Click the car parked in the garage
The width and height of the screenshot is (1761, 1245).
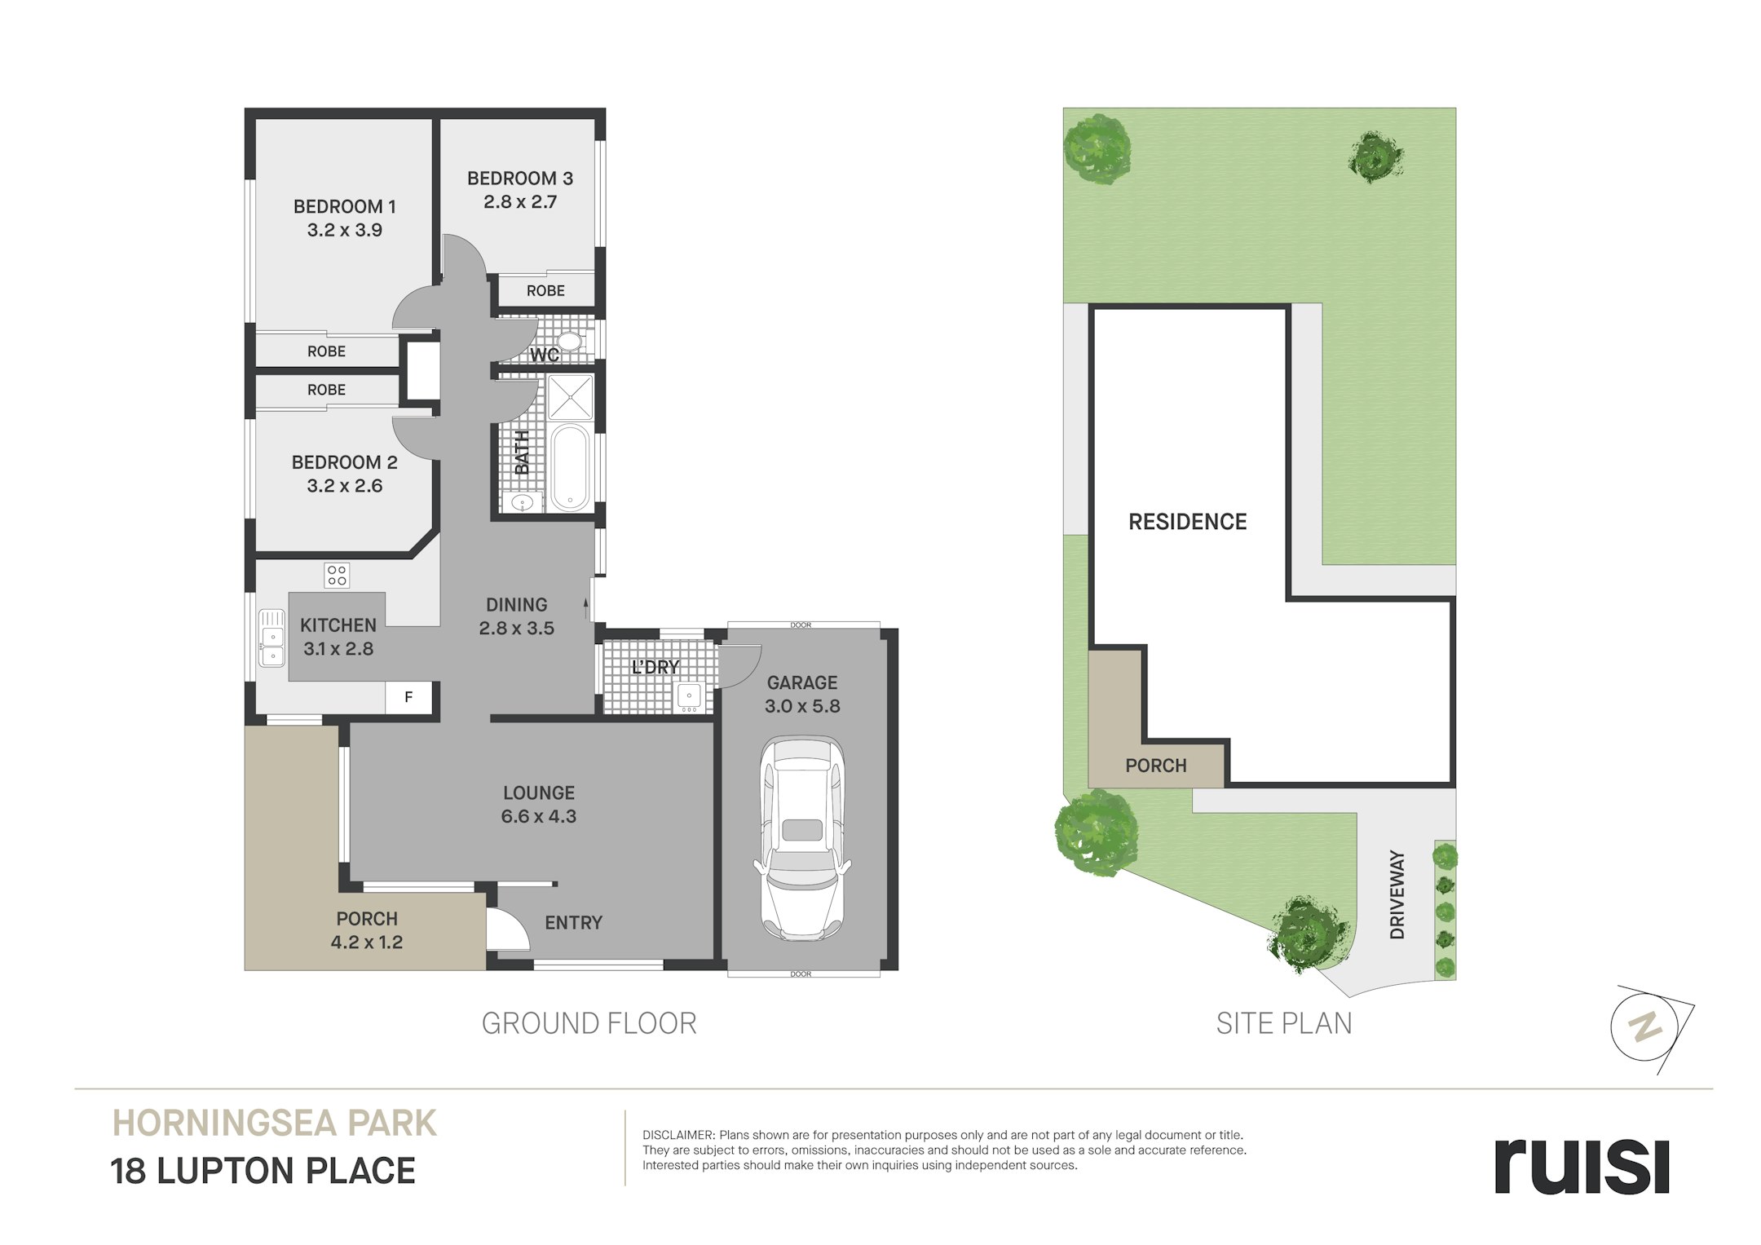click(x=802, y=838)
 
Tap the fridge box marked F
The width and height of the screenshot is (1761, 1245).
click(x=408, y=698)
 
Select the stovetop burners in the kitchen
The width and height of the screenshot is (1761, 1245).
click(x=337, y=575)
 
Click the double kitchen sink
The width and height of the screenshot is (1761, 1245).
click(x=271, y=638)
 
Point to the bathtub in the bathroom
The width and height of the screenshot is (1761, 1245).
click(x=570, y=467)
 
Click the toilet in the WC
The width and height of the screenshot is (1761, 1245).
click(x=568, y=342)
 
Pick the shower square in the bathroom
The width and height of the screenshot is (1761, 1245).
click(x=570, y=397)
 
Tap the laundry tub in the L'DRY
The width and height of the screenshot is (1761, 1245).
click(x=690, y=696)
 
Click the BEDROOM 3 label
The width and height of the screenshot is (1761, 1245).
click(x=520, y=179)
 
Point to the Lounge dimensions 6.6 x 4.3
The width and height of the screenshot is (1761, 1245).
click(x=539, y=816)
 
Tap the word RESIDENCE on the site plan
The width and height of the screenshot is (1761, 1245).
click(x=1188, y=522)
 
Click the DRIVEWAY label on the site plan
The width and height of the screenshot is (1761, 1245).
click(x=1397, y=894)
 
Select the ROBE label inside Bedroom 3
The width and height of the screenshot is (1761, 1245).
click(x=545, y=291)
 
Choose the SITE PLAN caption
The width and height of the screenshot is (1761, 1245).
click(x=1284, y=1024)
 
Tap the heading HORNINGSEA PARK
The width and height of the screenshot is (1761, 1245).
click(x=275, y=1124)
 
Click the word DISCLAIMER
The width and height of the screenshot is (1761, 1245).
click(x=678, y=1135)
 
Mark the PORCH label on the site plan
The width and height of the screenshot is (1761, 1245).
click(x=1156, y=766)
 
